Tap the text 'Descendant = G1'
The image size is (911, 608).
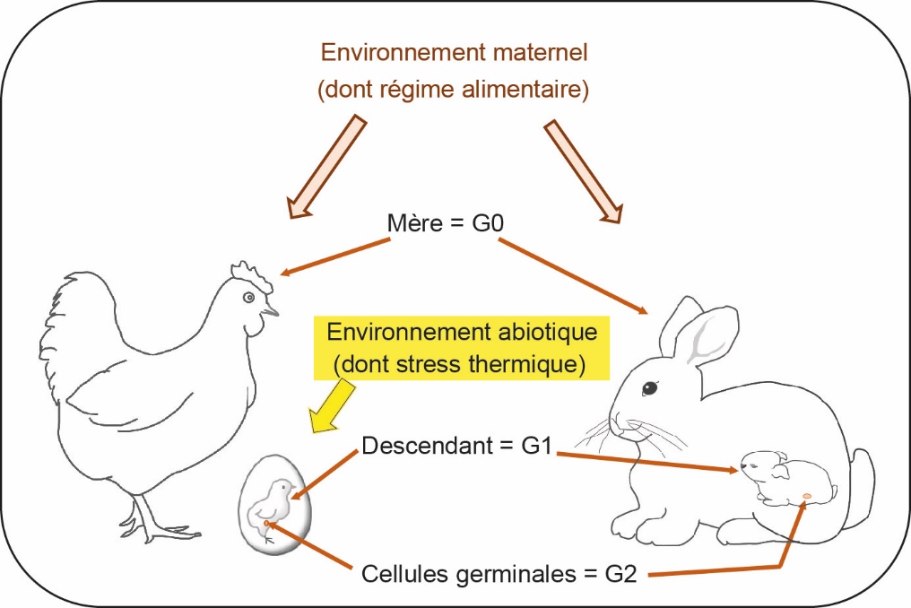click(x=457, y=445)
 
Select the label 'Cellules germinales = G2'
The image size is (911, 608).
click(x=499, y=572)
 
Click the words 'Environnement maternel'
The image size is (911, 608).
click(x=455, y=52)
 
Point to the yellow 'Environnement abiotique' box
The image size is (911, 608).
click(x=461, y=347)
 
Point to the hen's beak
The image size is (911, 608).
click(x=270, y=313)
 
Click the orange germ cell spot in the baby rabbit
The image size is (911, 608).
click(x=806, y=496)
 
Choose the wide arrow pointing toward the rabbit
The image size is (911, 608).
click(x=582, y=170)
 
